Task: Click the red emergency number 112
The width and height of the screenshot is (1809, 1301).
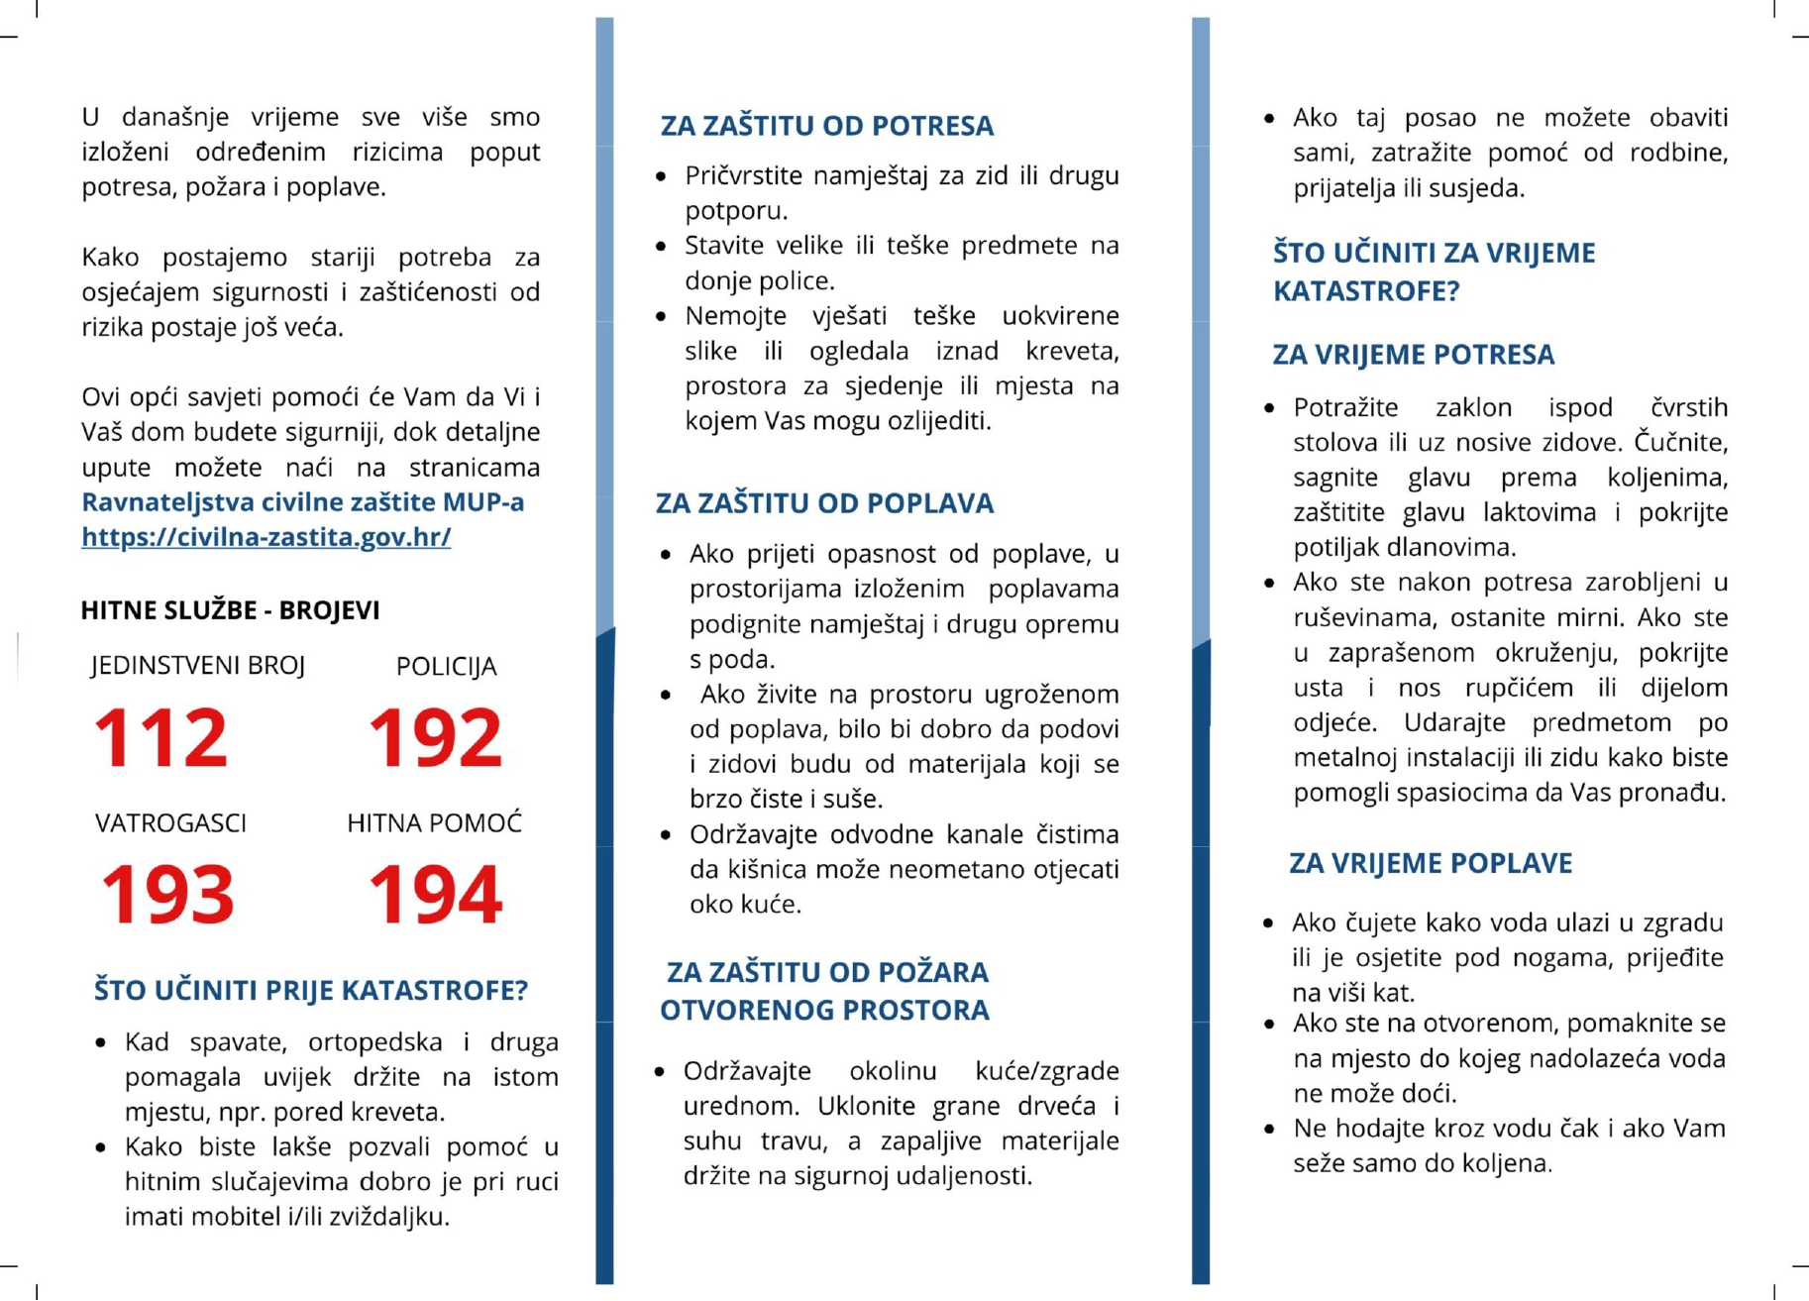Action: [160, 737]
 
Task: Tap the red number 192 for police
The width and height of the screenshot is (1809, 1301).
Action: [435, 737]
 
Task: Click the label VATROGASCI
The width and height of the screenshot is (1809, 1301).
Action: [170, 823]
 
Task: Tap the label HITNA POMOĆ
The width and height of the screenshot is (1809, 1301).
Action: [434, 823]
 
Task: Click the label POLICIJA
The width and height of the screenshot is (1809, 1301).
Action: [446, 667]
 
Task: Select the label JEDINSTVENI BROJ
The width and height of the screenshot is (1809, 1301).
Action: [197, 666]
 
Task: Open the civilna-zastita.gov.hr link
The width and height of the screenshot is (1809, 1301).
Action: [266, 537]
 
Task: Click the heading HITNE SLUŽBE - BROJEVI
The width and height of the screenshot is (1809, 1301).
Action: [230, 610]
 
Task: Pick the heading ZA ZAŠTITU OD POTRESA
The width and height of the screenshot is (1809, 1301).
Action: [826, 126]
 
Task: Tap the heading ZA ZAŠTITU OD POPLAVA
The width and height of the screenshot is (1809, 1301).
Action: [824, 503]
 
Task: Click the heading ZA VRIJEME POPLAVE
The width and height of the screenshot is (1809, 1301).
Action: [1430, 863]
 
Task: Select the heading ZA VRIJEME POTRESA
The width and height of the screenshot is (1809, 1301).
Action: [1413, 355]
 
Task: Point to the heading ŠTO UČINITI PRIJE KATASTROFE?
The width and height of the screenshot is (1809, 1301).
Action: [310, 990]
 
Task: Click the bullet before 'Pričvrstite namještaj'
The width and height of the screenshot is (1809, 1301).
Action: [661, 176]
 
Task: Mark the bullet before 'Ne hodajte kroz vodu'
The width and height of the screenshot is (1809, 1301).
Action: [1269, 1130]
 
